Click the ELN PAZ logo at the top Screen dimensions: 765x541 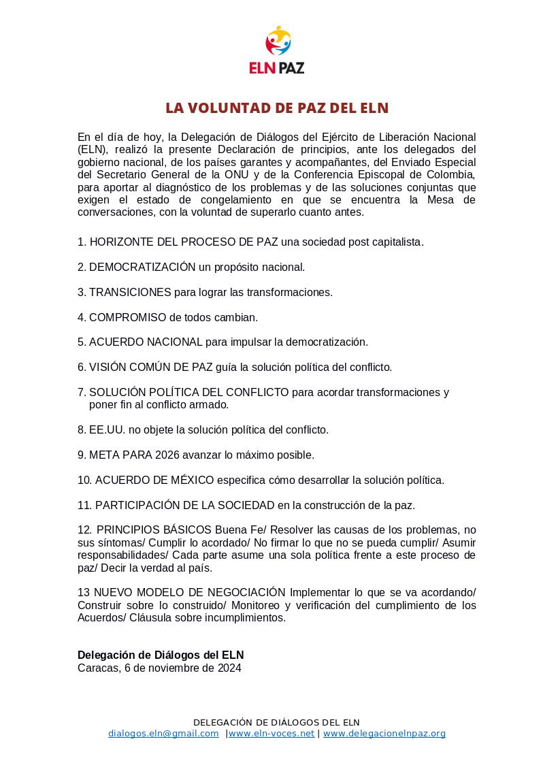tap(276, 50)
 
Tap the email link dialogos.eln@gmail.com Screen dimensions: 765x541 tap(163, 734)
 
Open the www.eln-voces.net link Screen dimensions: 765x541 tap(272, 734)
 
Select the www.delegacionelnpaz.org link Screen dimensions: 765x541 tap(384, 734)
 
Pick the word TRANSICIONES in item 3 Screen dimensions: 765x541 tap(130, 293)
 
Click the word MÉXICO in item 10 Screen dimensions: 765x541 tap(184, 481)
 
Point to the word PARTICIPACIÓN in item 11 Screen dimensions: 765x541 tap(138, 506)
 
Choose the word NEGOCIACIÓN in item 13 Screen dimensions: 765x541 tap(242, 592)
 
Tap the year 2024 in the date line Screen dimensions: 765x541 tap(229, 668)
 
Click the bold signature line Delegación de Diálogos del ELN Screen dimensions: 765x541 tap(161, 655)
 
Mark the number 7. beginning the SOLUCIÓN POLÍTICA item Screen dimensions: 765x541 tap(82, 393)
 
